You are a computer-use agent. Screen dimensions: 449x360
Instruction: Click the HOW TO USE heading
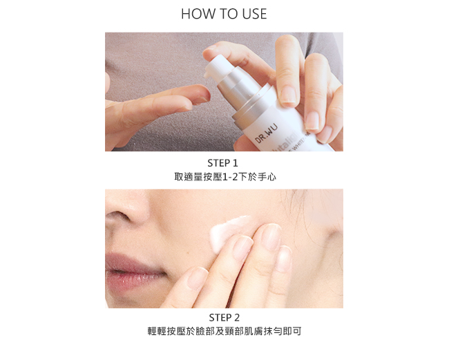coord(224,14)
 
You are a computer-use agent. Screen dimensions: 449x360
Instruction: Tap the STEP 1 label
coord(223,163)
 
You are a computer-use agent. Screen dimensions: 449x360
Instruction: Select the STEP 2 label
coord(224,318)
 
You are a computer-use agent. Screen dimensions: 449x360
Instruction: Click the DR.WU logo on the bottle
coord(266,133)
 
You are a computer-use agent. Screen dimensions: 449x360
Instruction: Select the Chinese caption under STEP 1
coord(225,177)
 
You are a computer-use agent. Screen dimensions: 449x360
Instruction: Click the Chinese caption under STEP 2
coord(224,332)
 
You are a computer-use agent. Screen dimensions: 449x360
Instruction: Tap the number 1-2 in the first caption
coord(230,178)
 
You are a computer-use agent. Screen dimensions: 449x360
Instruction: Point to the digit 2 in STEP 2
coord(236,318)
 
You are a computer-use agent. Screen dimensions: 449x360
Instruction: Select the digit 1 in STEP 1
coord(235,163)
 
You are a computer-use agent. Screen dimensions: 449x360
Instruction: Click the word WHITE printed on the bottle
coord(298,142)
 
